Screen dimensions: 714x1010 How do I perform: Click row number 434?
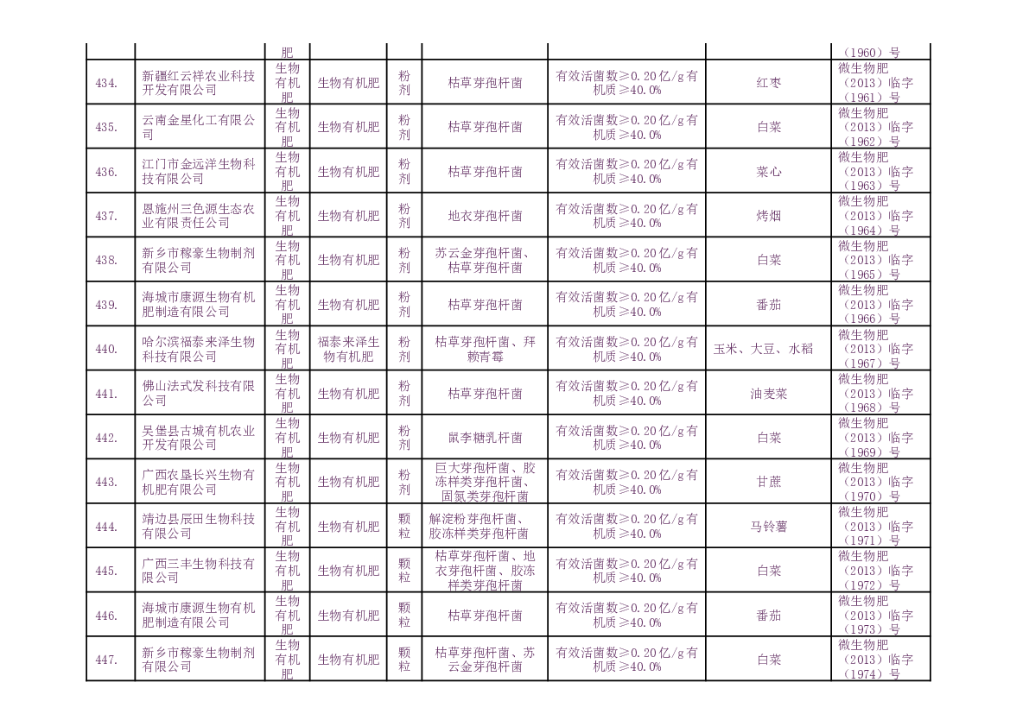coord(106,83)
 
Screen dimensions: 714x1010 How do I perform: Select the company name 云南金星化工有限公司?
coord(199,127)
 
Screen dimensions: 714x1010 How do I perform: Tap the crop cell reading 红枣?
coord(768,83)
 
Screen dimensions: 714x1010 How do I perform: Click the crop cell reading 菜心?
coord(768,172)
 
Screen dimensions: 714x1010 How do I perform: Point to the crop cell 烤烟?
coord(768,216)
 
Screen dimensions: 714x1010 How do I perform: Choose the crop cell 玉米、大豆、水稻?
coord(768,350)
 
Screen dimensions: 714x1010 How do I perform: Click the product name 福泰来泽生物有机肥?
coord(348,349)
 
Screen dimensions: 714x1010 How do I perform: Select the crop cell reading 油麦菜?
coord(768,394)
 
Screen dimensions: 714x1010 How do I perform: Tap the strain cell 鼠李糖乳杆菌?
coord(484,438)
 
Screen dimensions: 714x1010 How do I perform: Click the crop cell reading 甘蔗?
coord(768,482)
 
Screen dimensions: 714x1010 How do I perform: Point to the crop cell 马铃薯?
coord(768,527)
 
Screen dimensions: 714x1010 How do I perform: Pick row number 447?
coord(106,660)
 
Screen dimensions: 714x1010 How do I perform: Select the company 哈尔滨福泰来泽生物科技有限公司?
coord(199,349)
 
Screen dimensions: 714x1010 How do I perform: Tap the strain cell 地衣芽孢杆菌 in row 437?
coord(484,216)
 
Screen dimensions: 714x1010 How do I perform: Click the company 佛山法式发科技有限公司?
coord(199,394)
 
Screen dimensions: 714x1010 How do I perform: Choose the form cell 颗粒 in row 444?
coord(403,527)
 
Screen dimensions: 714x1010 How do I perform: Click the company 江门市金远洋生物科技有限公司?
coord(199,172)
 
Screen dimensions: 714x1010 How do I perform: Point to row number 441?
coord(106,394)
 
